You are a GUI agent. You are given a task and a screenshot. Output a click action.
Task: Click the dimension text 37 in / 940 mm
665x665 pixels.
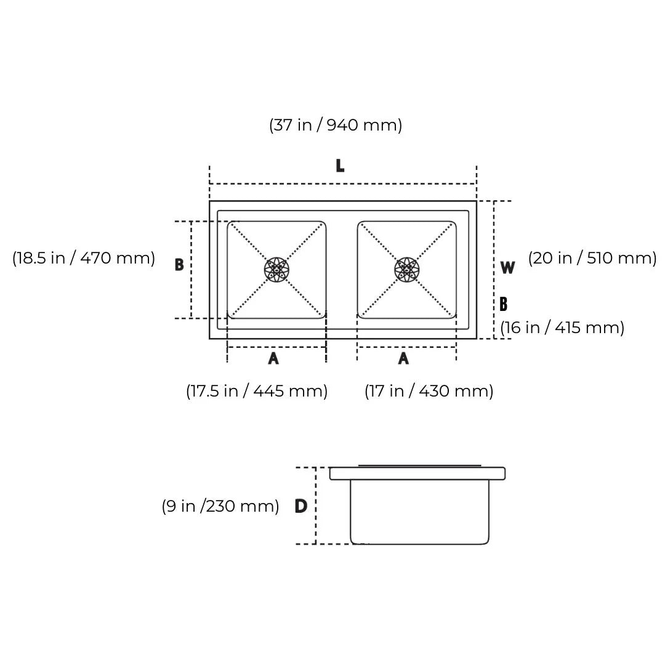336,125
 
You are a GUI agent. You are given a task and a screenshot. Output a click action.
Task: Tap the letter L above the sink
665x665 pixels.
340,166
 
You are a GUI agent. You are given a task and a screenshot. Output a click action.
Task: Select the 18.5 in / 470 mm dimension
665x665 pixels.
84,258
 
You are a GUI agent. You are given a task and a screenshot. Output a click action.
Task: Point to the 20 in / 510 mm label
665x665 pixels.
592,258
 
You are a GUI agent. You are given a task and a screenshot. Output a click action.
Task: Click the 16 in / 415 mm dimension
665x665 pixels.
562,328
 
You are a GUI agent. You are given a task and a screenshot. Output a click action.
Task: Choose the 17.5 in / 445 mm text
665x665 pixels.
257,391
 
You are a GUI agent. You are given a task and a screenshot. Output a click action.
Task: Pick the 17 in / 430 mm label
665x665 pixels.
429,391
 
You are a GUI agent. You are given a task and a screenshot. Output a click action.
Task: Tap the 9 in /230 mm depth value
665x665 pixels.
220,506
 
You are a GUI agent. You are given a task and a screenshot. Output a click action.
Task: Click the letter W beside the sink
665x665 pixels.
507,268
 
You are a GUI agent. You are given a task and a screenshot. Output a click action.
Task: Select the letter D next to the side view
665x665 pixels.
300,506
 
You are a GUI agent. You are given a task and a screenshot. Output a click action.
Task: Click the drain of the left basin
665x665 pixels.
276,270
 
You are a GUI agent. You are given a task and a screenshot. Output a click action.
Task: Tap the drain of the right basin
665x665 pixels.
406,270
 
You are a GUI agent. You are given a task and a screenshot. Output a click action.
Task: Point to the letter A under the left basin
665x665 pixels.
273,358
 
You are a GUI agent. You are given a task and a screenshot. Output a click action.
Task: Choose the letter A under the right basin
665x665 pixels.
403,358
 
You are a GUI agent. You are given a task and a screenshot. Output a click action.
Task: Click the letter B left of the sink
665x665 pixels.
179,265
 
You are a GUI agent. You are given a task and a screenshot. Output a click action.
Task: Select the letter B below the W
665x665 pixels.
504,304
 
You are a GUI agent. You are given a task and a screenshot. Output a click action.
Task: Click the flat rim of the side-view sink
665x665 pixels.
417,474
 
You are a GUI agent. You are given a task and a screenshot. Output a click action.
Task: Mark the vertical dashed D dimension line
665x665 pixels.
316,505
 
